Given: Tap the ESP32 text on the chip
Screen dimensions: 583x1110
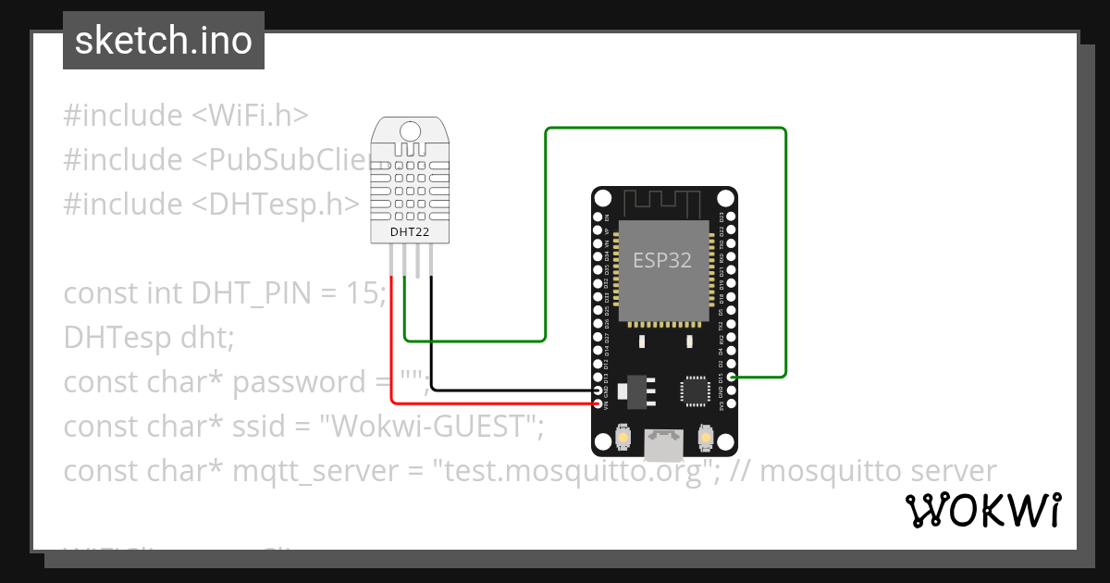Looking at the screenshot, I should click(661, 260).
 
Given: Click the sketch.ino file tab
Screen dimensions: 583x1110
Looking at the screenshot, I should click(164, 41).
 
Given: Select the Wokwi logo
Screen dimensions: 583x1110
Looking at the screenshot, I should click(982, 510).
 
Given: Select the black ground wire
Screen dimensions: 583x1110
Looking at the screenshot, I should click(509, 390).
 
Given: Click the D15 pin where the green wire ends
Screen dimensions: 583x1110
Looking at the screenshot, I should click(732, 378).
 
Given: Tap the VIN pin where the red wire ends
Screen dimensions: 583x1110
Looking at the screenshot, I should click(598, 403).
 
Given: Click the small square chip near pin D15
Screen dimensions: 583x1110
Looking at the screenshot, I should click(695, 390).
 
